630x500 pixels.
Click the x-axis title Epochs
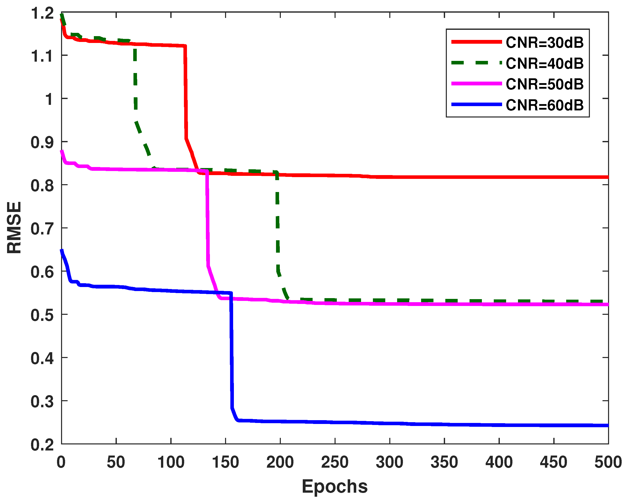(x=335, y=487)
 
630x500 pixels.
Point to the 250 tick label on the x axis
(x=335, y=463)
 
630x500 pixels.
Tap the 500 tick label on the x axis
(x=608, y=463)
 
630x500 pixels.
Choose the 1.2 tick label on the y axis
(x=42, y=13)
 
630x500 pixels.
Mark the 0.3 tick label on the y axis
(x=42, y=401)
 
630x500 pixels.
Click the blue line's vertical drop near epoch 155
(x=231, y=351)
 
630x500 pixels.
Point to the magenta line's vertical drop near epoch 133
(x=207, y=219)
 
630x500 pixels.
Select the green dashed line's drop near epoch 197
(x=277, y=222)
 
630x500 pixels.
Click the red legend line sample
(x=476, y=42)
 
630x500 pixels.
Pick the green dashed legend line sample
(x=476, y=63)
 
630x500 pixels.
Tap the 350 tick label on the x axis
(x=444, y=463)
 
